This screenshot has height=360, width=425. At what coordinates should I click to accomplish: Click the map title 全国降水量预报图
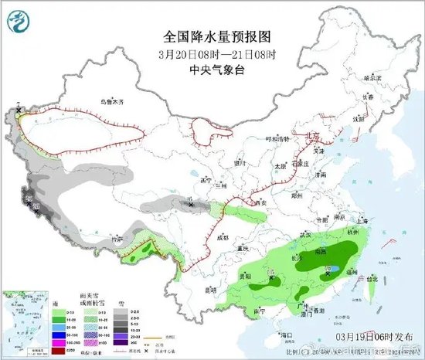(212, 36)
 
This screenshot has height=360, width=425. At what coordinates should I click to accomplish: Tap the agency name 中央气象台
(212, 68)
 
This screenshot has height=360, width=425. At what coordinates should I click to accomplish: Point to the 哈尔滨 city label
(373, 78)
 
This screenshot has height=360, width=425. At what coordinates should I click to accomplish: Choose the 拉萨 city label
(117, 240)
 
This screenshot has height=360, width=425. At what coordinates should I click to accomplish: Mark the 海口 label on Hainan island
(287, 335)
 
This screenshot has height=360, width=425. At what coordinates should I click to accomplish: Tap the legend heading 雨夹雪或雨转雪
(79, 300)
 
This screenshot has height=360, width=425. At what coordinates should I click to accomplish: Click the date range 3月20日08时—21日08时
(212, 53)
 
